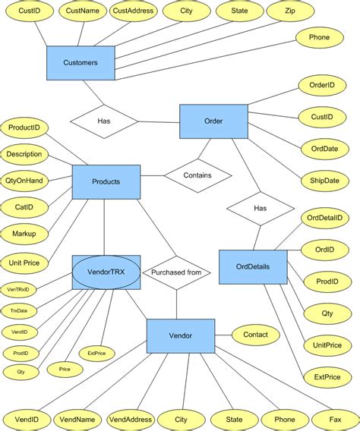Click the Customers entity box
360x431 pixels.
(81, 62)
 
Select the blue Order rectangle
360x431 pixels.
(213, 121)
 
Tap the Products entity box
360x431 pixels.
(106, 182)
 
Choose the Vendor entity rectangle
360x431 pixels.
(180, 335)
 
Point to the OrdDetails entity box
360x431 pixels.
(253, 267)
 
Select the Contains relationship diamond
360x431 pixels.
(197, 175)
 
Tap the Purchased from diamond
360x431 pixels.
(176, 272)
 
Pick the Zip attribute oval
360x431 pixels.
(290, 11)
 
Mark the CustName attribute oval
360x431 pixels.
(81, 11)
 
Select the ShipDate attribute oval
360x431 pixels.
(324, 181)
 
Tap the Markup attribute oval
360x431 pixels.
(24, 233)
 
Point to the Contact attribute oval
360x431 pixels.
(255, 334)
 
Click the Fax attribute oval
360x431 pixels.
(335, 420)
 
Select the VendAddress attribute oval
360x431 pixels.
(130, 420)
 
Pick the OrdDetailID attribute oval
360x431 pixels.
(324, 218)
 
